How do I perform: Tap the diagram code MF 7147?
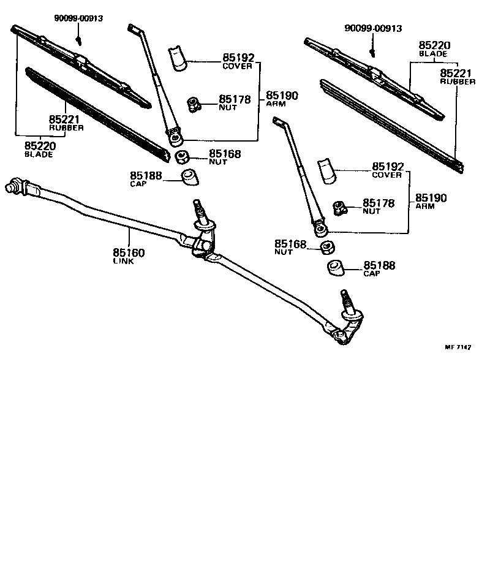[458, 347]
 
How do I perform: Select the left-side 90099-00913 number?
[78, 18]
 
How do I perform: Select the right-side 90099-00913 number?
[373, 28]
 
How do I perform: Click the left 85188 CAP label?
[146, 178]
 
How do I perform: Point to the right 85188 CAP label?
[379, 268]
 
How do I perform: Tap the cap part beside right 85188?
[334, 268]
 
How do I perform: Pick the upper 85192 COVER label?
[237, 61]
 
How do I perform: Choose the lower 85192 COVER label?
[386, 170]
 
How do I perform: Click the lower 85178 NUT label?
[379, 206]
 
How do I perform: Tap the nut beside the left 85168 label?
[182, 157]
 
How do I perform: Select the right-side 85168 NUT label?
[290, 247]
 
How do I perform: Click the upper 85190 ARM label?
[282, 99]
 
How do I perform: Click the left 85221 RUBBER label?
[66, 123]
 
